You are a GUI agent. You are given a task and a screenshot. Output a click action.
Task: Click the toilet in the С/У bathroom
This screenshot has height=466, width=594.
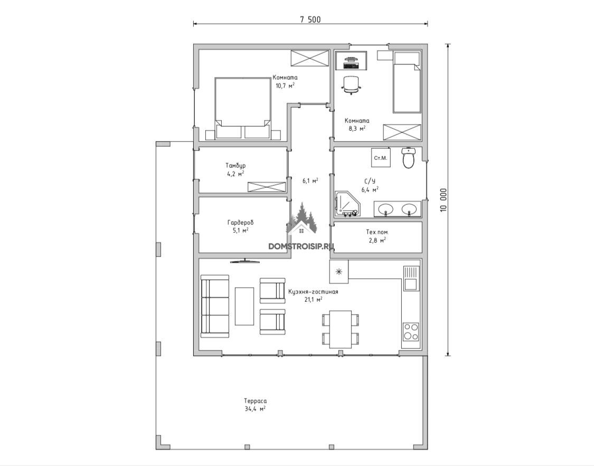pos(408,158)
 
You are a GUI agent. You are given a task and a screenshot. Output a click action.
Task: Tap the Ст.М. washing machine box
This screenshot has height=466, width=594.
pos(380,157)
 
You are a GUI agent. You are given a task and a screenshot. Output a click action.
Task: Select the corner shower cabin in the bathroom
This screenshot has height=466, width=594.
pos(347,204)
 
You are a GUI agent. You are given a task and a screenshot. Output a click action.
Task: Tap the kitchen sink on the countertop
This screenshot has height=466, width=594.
pos(411,278)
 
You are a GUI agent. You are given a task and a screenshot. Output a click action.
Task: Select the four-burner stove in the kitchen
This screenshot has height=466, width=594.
pos(411,331)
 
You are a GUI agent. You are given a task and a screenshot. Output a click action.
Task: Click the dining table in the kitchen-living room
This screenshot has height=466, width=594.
pos(340,329)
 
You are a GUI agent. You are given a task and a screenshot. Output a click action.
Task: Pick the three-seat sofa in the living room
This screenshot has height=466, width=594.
pos(215,306)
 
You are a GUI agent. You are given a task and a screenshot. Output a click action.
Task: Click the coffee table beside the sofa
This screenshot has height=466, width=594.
pos(244,306)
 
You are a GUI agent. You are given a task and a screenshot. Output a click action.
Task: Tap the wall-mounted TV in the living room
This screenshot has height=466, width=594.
pos(244,261)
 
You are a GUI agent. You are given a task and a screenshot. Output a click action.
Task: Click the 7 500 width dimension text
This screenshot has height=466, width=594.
pos(310,20)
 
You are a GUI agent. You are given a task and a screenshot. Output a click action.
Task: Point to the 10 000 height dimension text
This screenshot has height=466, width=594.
pos(444,200)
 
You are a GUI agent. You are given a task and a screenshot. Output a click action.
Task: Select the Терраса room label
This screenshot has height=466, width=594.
pos(256,401)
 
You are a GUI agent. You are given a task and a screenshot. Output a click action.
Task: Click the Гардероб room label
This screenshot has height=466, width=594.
pos(241,223)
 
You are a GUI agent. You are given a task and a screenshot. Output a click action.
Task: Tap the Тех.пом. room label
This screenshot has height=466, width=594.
pos(378,232)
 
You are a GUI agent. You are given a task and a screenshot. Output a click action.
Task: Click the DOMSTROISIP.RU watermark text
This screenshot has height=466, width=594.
pos(301,246)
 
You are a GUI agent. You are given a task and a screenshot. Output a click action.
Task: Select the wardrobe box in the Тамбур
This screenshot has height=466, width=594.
pos(267,187)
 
